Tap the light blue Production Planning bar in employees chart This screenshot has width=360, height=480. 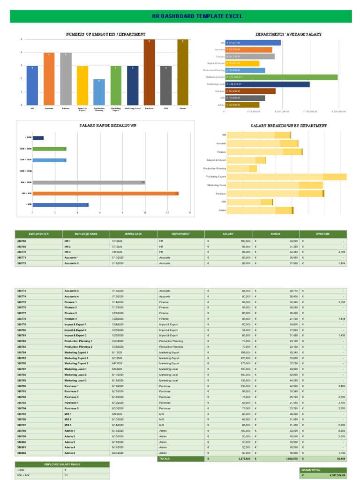pyautogui.click(x=99, y=92)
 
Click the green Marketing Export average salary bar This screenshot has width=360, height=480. pyautogui.click(x=281, y=77)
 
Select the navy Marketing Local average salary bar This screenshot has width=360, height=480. pyautogui.click(x=267, y=84)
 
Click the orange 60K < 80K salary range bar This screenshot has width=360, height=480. pyautogui.click(x=105, y=193)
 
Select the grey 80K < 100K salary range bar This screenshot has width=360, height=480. pyautogui.click(x=89, y=182)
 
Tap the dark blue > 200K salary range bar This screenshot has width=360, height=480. pyautogui.click(x=38, y=138)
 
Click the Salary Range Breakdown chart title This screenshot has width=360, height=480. pyautogui.click(x=108, y=126)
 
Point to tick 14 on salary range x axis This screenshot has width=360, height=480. pyautogui.click(x=190, y=213)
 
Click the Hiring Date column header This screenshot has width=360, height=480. pyautogui.click(x=133, y=233)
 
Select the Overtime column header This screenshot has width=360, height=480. pyautogui.click(x=323, y=233)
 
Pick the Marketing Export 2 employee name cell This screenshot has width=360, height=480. pyautogui.click(x=76, y=358)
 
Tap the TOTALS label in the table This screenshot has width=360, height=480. pyautogui.click(x=165, y=459)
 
